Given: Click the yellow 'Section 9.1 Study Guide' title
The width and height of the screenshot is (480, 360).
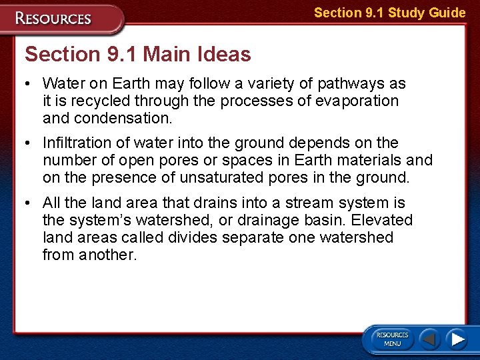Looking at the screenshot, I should [389, 13].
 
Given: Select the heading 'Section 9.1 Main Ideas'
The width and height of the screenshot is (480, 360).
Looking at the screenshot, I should [137, 54].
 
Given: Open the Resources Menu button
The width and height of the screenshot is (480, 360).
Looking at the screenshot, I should [392, 339].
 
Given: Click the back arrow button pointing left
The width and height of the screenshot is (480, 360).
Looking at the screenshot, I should [431, 339].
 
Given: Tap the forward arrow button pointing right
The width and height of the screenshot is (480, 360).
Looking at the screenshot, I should [456, 339].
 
